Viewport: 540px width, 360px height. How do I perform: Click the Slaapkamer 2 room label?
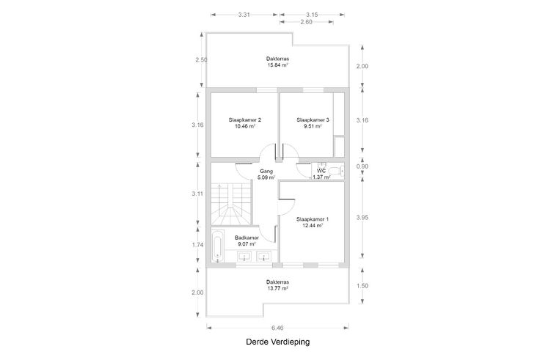point(244,120)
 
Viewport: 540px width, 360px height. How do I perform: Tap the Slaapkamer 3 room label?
point(313,120)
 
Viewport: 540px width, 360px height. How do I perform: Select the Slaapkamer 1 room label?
point(313,219)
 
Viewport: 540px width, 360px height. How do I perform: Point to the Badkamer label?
point(247,238)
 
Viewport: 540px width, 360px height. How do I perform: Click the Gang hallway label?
point(266,171)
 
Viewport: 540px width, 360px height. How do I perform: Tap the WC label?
point(321,171)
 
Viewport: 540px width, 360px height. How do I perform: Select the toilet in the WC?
point(335,170)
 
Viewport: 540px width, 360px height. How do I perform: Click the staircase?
point(230,204)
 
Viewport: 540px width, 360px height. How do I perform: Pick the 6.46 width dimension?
point(277,328)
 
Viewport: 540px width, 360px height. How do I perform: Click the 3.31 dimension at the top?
point(244,15)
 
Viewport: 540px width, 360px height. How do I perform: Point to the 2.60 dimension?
point(306,22)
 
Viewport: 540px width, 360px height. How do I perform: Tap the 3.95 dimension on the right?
point(362,218)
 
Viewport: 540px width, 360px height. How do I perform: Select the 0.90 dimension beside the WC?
point(362,166)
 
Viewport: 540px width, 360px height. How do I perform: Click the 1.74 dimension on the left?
point(197,245)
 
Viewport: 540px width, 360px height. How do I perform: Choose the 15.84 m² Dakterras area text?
point(277,65)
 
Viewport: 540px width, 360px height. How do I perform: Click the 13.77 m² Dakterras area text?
point(277,288)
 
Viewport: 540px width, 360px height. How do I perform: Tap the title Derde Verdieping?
point(278,342)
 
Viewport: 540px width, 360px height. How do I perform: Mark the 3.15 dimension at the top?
point(312,15)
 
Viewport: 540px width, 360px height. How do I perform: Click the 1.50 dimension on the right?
point(362,286)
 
